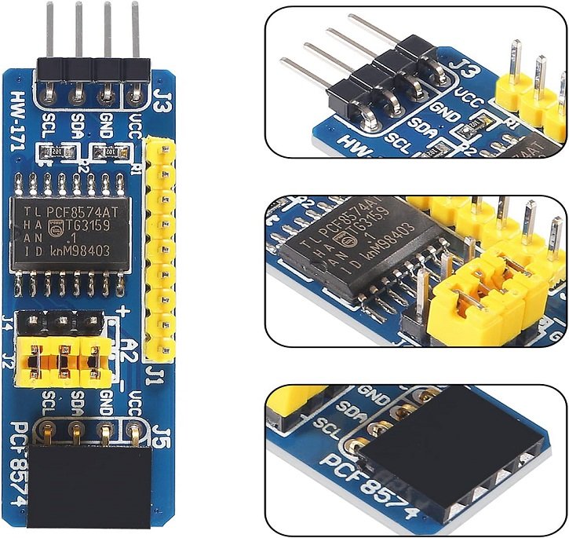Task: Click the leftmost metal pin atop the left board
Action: (x=50, y=31)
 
